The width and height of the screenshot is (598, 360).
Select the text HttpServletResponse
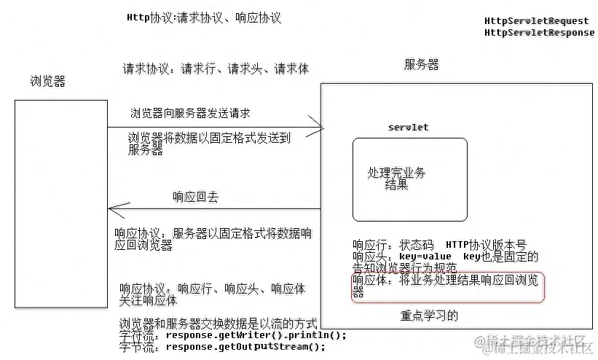pos(539,33)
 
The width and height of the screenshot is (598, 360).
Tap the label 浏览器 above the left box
pos(48,81)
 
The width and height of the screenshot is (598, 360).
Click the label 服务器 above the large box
pos(422,65)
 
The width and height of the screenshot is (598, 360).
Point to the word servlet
pos(408,127)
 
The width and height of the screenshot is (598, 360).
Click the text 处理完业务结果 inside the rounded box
pos(397,179)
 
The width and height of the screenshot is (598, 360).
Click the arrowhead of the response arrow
pos(113,208)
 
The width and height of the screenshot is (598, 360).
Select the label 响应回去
pos(195,197)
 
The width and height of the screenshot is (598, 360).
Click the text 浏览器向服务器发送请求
pos(190,113)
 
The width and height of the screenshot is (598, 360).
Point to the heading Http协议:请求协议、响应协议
pos(204,18)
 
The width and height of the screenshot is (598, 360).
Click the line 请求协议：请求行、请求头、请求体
pos(216,69)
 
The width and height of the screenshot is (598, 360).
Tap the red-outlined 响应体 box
pos(448,287)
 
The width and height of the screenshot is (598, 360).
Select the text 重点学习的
pos(429,316)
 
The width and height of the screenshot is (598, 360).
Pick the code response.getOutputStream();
pos(245,347)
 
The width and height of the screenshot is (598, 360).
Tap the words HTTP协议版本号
pos(486,245)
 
